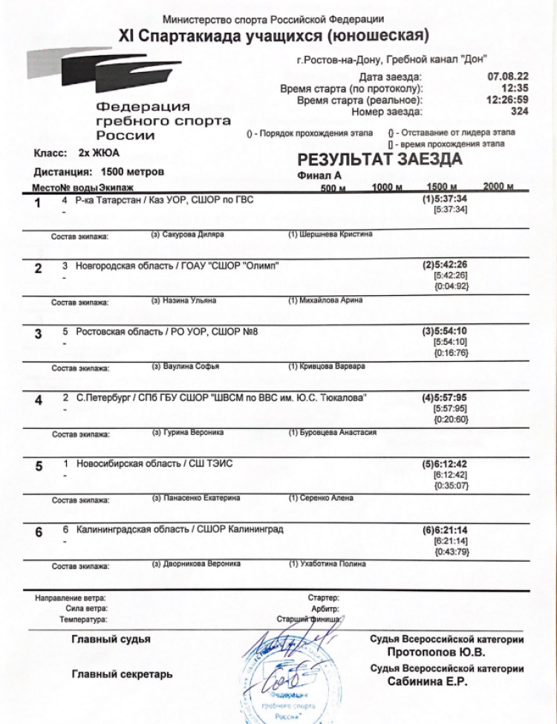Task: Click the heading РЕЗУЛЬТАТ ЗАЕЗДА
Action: point(380,159)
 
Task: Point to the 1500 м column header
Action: point(442,187)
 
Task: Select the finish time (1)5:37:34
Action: point(445,199)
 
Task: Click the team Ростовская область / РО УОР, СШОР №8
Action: point(167,331)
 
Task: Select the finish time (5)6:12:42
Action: point(445,464)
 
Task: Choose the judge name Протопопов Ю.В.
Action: point(436,653)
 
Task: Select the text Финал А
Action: point(319,176)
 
